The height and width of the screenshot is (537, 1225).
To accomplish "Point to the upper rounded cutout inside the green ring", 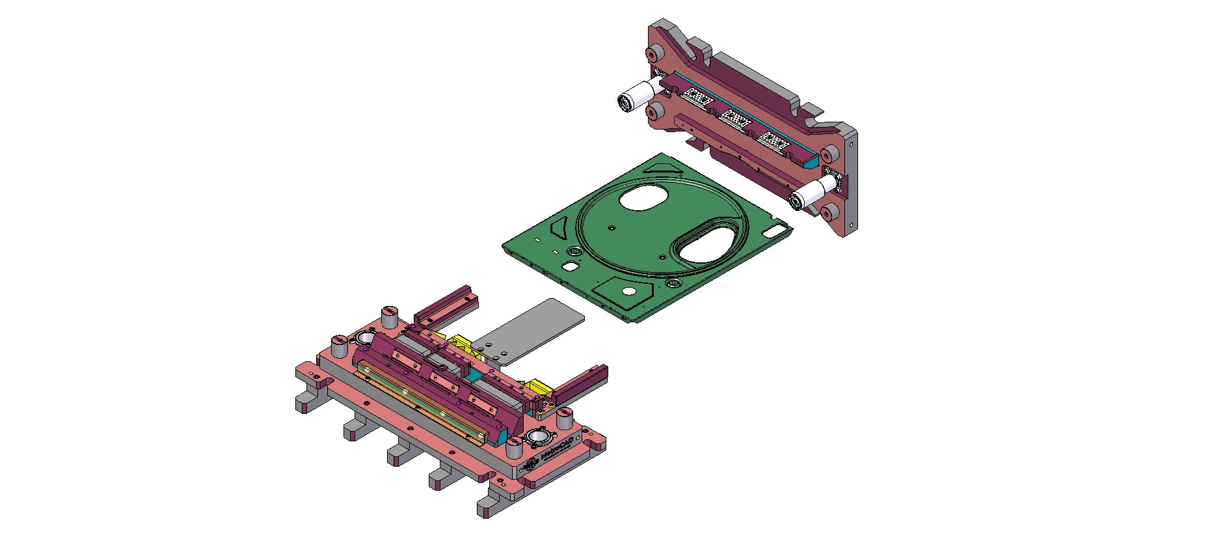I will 643,197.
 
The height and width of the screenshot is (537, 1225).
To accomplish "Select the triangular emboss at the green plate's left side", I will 559,228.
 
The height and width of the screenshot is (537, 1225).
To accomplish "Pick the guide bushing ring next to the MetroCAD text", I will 539,436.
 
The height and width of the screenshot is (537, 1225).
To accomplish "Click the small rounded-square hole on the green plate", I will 570,266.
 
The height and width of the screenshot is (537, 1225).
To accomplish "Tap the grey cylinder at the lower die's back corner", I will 390,317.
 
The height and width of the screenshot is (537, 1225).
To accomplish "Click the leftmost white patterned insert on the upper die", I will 698,98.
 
